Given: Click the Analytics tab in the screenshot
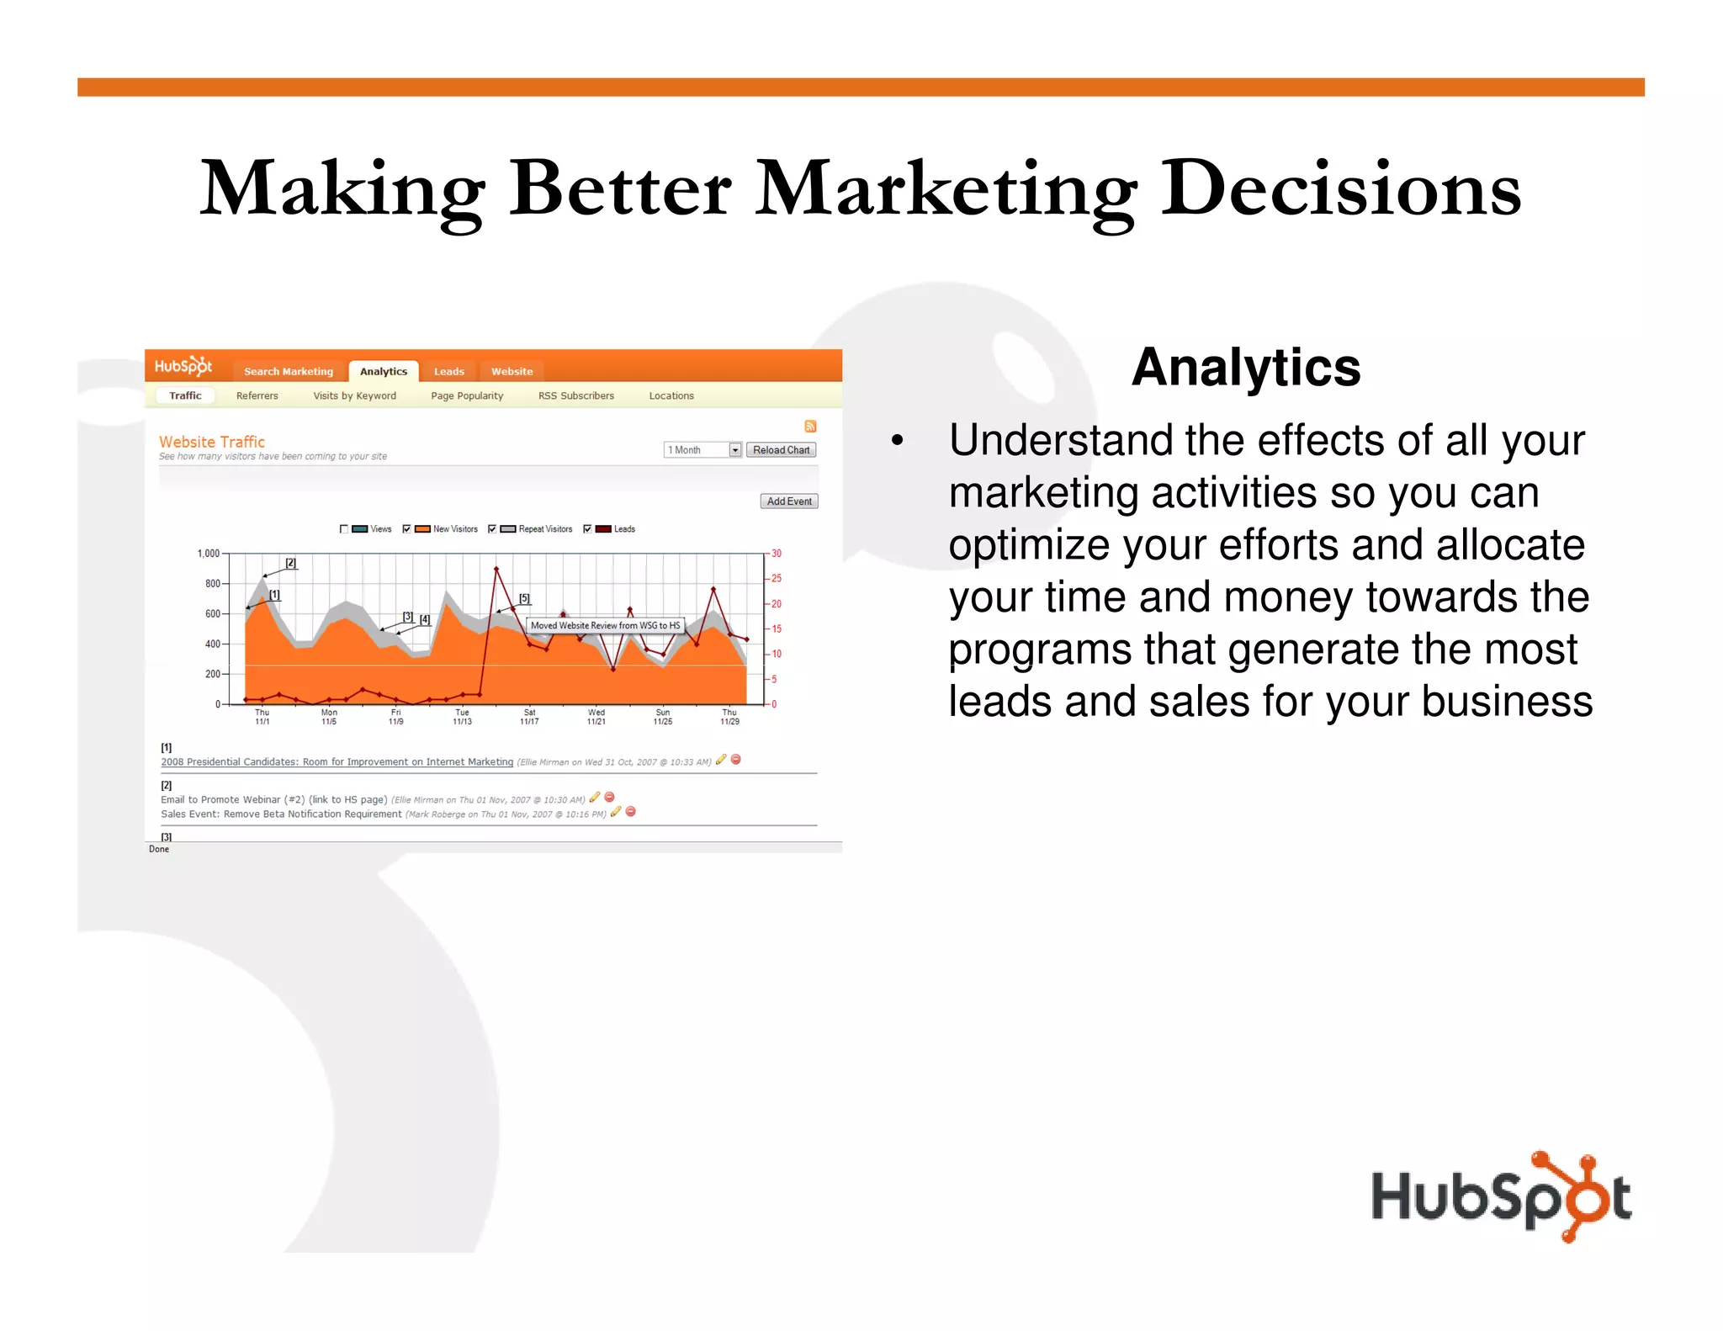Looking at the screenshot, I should pos(383,371).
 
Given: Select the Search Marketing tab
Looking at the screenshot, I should pos(289,371).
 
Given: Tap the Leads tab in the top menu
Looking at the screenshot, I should pos(448,371).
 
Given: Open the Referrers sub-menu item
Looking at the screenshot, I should pos(257,395).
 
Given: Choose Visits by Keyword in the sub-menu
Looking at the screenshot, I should pos(354,395).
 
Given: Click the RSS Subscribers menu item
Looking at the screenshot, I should pos(575,395).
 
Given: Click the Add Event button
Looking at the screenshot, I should pos(788,501).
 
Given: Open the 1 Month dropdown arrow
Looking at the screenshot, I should pos(734,450).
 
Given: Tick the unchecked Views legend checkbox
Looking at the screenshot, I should pos(344,529).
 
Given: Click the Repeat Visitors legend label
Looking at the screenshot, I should pos(545,529).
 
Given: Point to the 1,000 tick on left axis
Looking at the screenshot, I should pos(208,554).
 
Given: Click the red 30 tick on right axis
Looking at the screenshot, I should pos(777,554).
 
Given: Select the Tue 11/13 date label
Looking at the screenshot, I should pos(462,717).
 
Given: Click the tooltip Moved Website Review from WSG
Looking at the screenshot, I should pos(605,625).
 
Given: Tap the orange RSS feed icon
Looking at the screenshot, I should pos(810,427).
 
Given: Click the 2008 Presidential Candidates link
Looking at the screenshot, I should pos(337,762).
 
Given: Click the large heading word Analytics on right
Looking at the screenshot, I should pos(1245,368).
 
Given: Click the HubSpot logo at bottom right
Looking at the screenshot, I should pos(1501,1196).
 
